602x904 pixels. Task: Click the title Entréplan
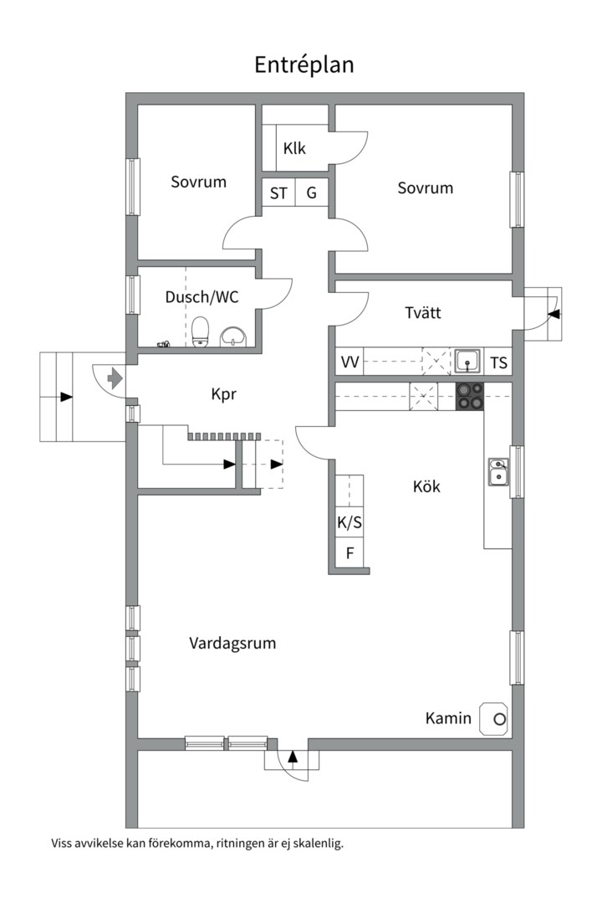(304, 64)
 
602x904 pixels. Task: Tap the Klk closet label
(294, 148)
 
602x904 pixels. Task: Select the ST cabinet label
(278, 193)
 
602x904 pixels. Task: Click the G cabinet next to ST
(311, 193)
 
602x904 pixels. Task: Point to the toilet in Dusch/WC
(200, 331)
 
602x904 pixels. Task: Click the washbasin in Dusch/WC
(234, 336)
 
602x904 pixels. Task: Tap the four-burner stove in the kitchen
(470, 396)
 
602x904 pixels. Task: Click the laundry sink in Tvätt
(467, 362)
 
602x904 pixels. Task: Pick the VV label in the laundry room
(349, 362)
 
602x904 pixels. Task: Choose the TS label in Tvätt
(498, 362)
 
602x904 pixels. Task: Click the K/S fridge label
(349, 522)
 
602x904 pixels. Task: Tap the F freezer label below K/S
(349, 553)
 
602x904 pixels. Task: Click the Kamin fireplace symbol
(494, 719)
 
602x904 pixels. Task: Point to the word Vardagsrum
(232, 643)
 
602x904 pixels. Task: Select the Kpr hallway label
(224, 394)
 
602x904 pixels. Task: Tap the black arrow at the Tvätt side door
(554, 314)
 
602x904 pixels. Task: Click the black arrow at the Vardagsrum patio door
(293, 757)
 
